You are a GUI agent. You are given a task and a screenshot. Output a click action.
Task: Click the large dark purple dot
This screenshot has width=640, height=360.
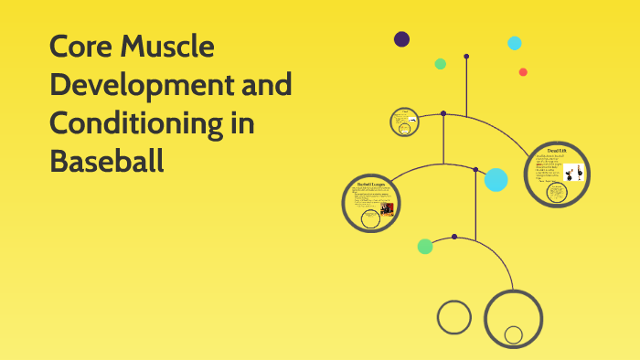coord(401,39)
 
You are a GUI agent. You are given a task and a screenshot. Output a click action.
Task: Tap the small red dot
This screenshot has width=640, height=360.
coord(523,72)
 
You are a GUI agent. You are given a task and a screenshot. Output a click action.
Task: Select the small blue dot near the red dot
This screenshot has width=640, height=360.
coord(515,43)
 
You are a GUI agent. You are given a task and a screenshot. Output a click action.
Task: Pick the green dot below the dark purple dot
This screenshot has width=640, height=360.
coord(441,64)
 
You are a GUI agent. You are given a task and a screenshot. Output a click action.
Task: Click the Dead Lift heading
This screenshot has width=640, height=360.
coord(557,150)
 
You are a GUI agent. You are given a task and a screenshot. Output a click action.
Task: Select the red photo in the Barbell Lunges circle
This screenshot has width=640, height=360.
coord(387,211)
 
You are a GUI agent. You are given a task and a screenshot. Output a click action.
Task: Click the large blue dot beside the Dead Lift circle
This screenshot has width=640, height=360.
coord(496,180)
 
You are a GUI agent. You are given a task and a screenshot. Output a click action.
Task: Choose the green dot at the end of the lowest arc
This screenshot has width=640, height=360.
coord(425,246)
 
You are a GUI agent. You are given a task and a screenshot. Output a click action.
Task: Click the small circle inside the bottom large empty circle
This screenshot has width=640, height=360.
coord(514,334)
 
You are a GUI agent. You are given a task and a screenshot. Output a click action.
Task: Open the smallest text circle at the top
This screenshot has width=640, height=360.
coord(404,121)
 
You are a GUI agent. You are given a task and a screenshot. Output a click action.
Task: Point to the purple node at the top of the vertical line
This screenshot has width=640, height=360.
coord(466,57)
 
